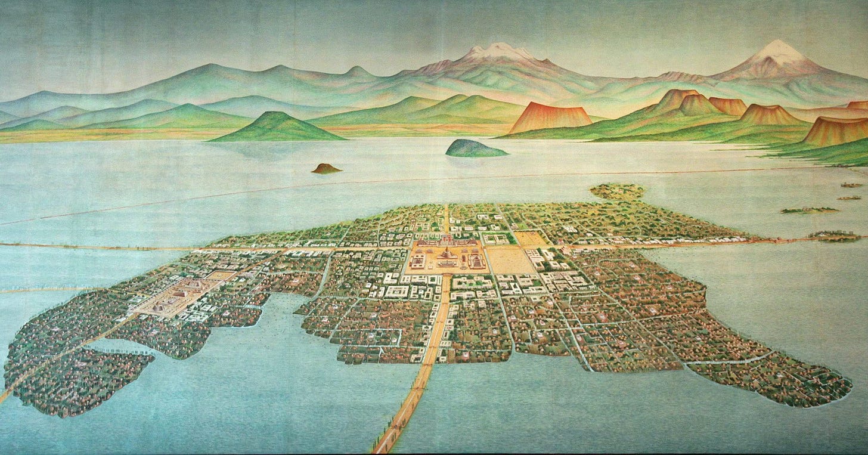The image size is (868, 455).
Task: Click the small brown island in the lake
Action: point(326,169)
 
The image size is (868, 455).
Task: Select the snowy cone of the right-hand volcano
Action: point(777,51)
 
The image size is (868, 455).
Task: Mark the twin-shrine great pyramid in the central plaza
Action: point(447,240)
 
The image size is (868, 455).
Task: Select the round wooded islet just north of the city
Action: point(617,191)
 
